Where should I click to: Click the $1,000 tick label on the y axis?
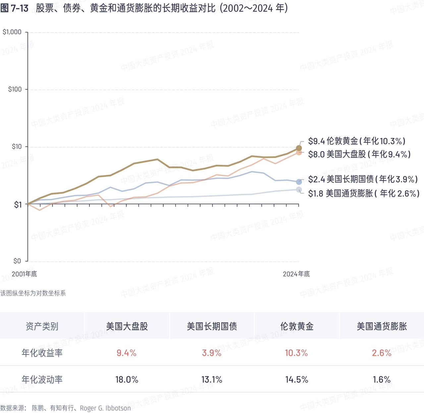pyautogui.click(x=12, y=32)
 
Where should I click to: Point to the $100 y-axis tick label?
pyautogui.click(x=15, y=89)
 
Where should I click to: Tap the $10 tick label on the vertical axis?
pyautogui.click(x=17, y=147)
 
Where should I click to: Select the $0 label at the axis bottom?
pyautogui.click(x=17, y=261)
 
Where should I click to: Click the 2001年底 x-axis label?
pyautogui.click(x=24, y=274)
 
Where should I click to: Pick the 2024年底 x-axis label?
pyautogui.click(x=296, y=274)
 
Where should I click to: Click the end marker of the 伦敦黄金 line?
pyautogui.click(x=299, y=148)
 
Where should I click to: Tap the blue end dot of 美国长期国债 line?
pyautogui.click(x=299, y=182)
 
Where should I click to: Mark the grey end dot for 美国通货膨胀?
pyautogui.click(x=299, y=190)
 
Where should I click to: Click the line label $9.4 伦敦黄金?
pyautogui.click(x=356, y=141)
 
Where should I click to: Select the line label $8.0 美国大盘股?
pyautogui.click(x=359, y=154)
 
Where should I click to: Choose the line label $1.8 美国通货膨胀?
pyautogui.click(x=364, y=193)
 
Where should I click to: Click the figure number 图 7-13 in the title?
pyautogui.click(x=15, y=8)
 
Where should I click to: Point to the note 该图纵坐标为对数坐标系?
pyautogui.click(x=33, y=293)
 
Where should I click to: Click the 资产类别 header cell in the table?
pyautogui.click(x=42, y=327)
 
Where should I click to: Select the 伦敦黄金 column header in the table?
pyautogui.click(x=297, y=327)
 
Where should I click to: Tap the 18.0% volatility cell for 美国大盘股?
pyautogui.click(x=127, y=380)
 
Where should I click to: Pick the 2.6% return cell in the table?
pyautogui.click(x=382, y=353)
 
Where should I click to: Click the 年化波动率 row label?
pyautogui.click(x=42, y=380)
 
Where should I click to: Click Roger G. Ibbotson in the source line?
pyautogui.click(x=105, y=408)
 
